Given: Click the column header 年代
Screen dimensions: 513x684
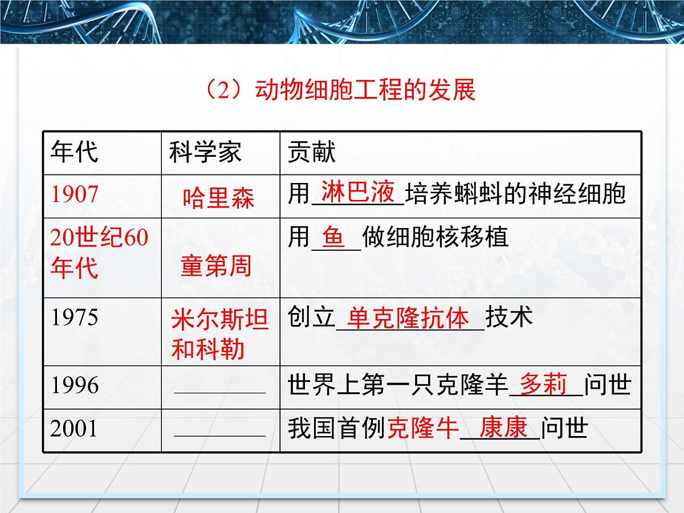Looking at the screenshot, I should tap(75, 152).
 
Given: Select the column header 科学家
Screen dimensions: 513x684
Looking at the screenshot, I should tap(205, 152).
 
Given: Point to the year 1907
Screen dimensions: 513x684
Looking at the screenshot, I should tap(75, 194).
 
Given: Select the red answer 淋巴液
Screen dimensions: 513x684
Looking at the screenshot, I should tap(358, 192).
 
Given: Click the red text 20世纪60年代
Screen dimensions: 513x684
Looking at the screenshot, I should tap(99, 252).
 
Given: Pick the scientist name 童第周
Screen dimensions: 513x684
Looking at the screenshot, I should tap(216, 266).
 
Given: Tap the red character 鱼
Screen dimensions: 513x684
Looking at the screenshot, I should tap(334, 237).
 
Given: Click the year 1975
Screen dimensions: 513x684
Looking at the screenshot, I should tap(75, 317).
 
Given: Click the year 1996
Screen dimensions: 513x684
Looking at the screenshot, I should tap(75, 385).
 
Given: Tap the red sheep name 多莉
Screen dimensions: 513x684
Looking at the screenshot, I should tap(543, 384).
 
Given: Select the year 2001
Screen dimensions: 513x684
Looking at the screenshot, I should tap(75, 429).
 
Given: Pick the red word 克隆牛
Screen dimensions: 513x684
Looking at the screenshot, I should tap(423, 429).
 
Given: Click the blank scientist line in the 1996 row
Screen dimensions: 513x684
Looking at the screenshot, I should tap(219, 392).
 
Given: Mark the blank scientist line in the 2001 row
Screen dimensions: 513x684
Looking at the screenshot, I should tap(219, 435).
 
